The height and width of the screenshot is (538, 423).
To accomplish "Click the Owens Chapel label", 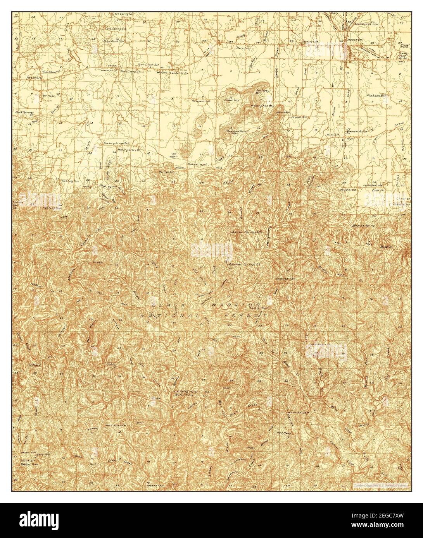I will pos(198,165).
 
